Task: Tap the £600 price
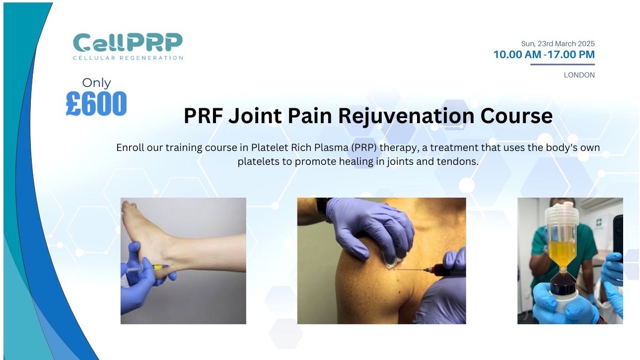tap(96, 104)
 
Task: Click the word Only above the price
tap(96, 82)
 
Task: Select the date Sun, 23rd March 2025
tap(558, 44)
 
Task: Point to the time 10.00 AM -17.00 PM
tap(544, 55)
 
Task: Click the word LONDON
tap(579, 75)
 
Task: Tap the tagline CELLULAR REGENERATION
tap(128, 58)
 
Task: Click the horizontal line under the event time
tap(562, 65)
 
